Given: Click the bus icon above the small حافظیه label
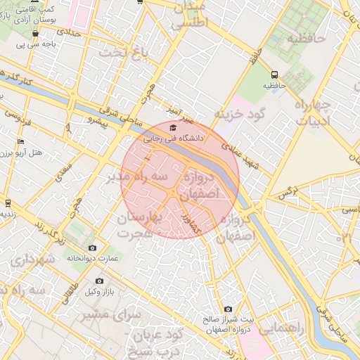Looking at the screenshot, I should [x=274, y=74].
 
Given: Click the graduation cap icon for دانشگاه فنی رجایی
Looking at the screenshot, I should [x=173, y=127].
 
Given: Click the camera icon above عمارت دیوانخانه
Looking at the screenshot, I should [x=92, y=247].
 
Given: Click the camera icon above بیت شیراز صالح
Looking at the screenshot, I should [x=228, y=309].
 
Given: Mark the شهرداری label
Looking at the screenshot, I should [x=32, y=260].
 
